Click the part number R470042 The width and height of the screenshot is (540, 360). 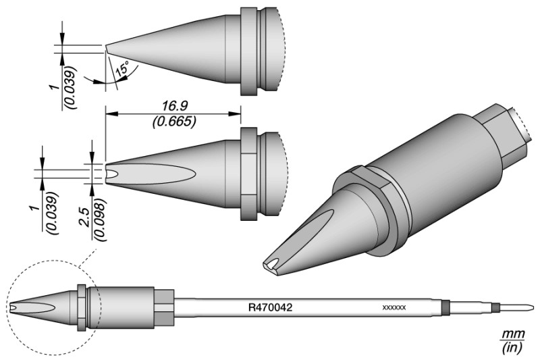coord(271,307)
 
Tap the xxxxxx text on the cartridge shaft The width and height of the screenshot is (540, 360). coord(394,307)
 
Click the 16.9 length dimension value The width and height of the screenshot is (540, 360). coord(175,106)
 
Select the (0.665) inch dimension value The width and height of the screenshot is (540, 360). coord(175,122)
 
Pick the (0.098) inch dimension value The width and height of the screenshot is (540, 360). coord(99,220)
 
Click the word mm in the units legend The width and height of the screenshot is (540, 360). coord(513,334)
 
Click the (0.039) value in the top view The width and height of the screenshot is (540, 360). coord(71,87)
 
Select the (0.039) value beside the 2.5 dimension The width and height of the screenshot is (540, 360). coord(52,213)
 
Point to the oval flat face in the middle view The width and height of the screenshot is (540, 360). coord(151,171)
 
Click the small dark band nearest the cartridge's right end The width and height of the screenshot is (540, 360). coord(496,307)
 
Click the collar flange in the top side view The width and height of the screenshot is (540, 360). coord(248,51)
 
